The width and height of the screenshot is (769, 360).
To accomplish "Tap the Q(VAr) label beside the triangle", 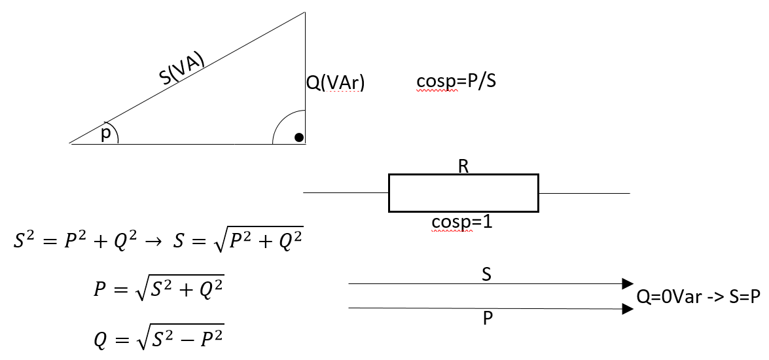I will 335,83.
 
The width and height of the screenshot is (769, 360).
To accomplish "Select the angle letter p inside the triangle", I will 106,134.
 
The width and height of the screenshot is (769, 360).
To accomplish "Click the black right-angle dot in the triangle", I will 298,137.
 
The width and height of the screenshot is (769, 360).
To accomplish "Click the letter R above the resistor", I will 463,166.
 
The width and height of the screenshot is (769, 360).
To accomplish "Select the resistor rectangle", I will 463,193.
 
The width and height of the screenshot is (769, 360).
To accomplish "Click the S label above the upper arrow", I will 486,275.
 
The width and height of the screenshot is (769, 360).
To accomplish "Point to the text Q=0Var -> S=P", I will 698,296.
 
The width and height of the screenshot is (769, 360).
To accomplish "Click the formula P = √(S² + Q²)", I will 159,288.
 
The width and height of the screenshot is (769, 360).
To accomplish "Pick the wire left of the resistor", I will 346,193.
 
